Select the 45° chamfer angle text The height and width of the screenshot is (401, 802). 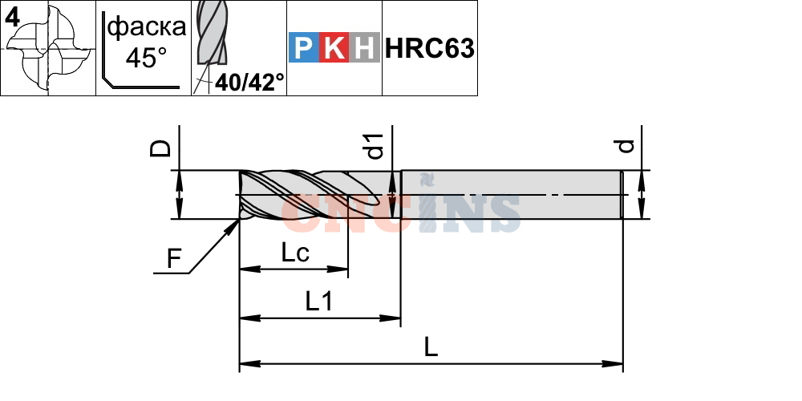(x=147, y=57)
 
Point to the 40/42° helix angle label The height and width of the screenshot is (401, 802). (x=249, y=82)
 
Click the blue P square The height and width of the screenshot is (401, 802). (x=304, y=47)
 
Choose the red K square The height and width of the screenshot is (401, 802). (x=334, y=47)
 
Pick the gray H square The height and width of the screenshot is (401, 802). (x=364, y=47)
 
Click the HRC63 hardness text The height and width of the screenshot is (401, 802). (x=430, y=48)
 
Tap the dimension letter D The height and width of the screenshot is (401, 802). (x=160, y=148)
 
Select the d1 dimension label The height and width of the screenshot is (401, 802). (x=376, y=146)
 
